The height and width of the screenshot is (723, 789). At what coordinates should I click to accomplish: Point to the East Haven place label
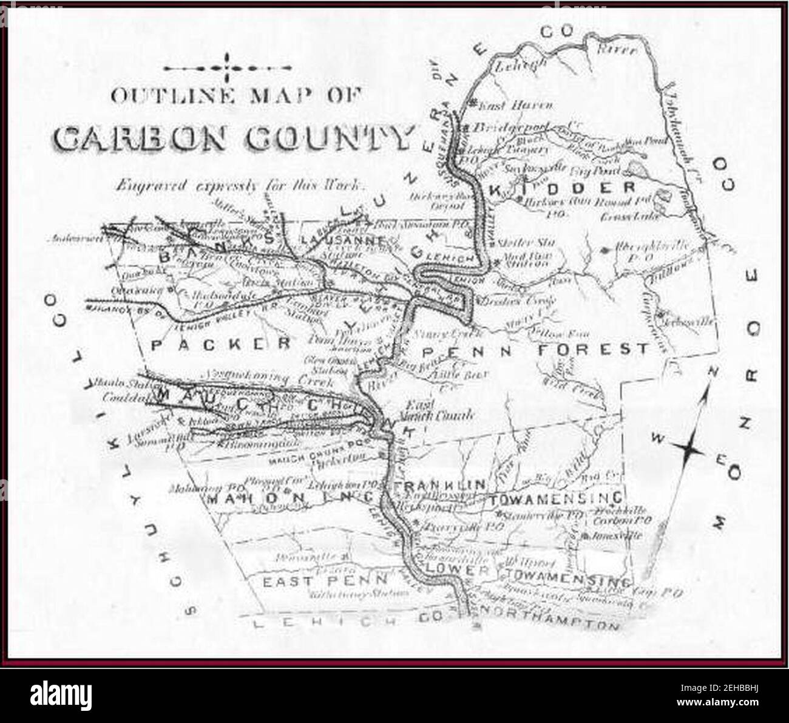pos(516,106)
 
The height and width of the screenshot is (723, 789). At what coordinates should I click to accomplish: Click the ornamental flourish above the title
pos(227,67)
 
